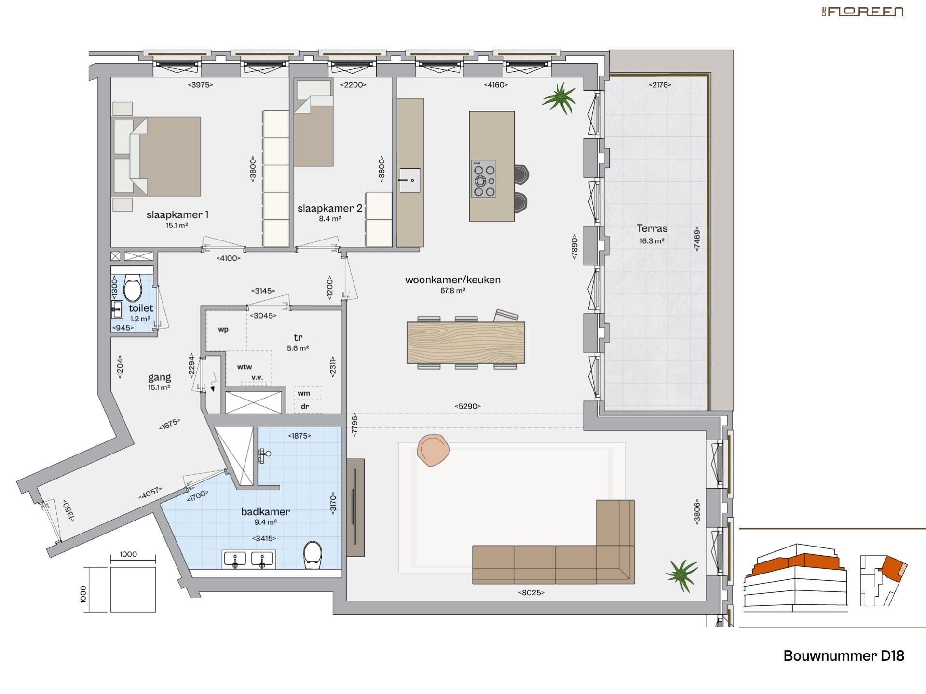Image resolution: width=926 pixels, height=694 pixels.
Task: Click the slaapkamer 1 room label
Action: (177, 215)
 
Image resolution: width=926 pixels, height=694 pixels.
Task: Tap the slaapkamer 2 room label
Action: (330, 209)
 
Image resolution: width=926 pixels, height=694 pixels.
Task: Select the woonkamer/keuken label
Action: (452, 280)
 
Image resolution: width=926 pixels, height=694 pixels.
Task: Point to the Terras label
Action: (652, 229)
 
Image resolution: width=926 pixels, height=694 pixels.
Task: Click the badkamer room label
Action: (265, 512)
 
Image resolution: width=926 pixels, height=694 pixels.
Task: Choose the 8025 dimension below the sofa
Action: (531, 593)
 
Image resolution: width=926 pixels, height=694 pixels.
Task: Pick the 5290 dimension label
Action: (467, 406)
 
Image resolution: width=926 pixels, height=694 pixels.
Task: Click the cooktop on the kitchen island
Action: (484, 179)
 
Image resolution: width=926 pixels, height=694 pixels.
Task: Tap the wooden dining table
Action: (465, 342)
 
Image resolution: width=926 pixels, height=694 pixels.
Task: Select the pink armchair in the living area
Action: (433, 450)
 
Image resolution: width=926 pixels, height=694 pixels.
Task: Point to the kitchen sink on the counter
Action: (409, 180)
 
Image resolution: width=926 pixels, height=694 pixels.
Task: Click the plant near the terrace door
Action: (559, 98)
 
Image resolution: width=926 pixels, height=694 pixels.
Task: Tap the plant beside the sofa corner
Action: (682, 575)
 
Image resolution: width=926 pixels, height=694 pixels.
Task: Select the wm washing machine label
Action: (304, 393)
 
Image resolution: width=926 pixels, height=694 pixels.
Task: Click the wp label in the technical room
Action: (223, 330)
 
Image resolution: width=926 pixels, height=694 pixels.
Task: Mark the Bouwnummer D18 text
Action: (844, 656)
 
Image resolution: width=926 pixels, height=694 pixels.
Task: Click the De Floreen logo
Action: (862, 12)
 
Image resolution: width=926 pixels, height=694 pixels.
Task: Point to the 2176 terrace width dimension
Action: (660, 85)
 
